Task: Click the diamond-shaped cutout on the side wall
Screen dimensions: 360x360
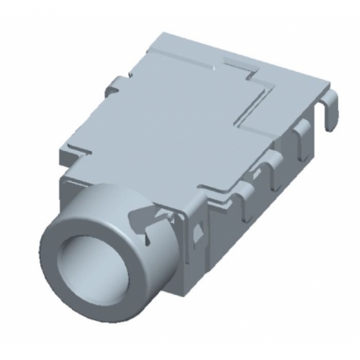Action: click(200, 231)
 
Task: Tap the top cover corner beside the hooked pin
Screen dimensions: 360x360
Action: click(314, 88)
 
